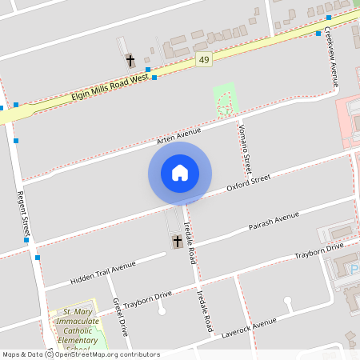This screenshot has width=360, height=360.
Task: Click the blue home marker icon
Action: point(179,173)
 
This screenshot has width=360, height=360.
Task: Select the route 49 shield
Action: point(205,60)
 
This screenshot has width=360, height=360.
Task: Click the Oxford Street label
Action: point(249,185)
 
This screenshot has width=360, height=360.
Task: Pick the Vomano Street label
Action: point(246,144)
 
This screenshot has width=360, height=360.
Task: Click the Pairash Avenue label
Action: point(274,222)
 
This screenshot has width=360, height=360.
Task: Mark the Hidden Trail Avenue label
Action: point(103,270)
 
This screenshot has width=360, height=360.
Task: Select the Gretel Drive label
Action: point(120,316)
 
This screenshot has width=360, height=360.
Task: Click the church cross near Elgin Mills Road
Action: point(130,60)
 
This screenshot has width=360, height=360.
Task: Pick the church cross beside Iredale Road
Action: point(177,241)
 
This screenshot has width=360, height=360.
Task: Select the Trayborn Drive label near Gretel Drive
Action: point(148,298)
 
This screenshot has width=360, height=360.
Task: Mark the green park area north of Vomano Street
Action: point(225,98)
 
